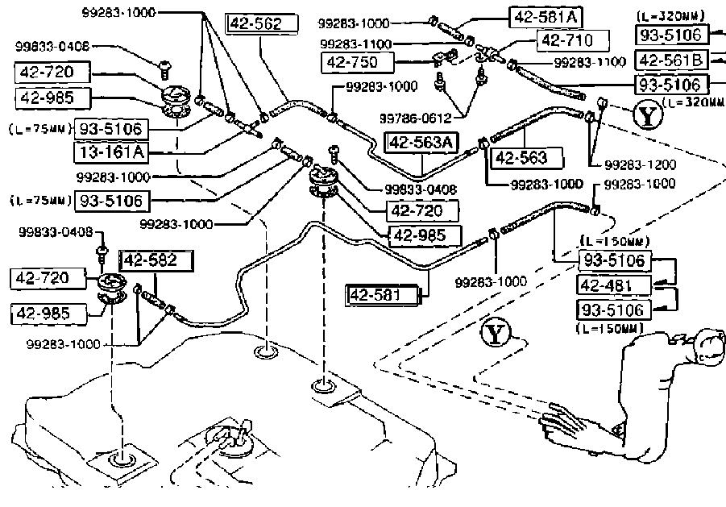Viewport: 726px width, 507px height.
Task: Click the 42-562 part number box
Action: click(x=255, y=23)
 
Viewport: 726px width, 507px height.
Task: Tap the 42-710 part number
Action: click(x=565, y=39)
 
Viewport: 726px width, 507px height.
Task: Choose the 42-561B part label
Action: click(x=672, y=59)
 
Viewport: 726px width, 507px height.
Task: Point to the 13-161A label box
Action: click(x=112, y=150)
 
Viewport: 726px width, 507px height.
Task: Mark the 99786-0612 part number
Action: click(x=416, y=118)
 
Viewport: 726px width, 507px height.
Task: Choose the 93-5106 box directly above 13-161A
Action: click(x=112, y=128)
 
